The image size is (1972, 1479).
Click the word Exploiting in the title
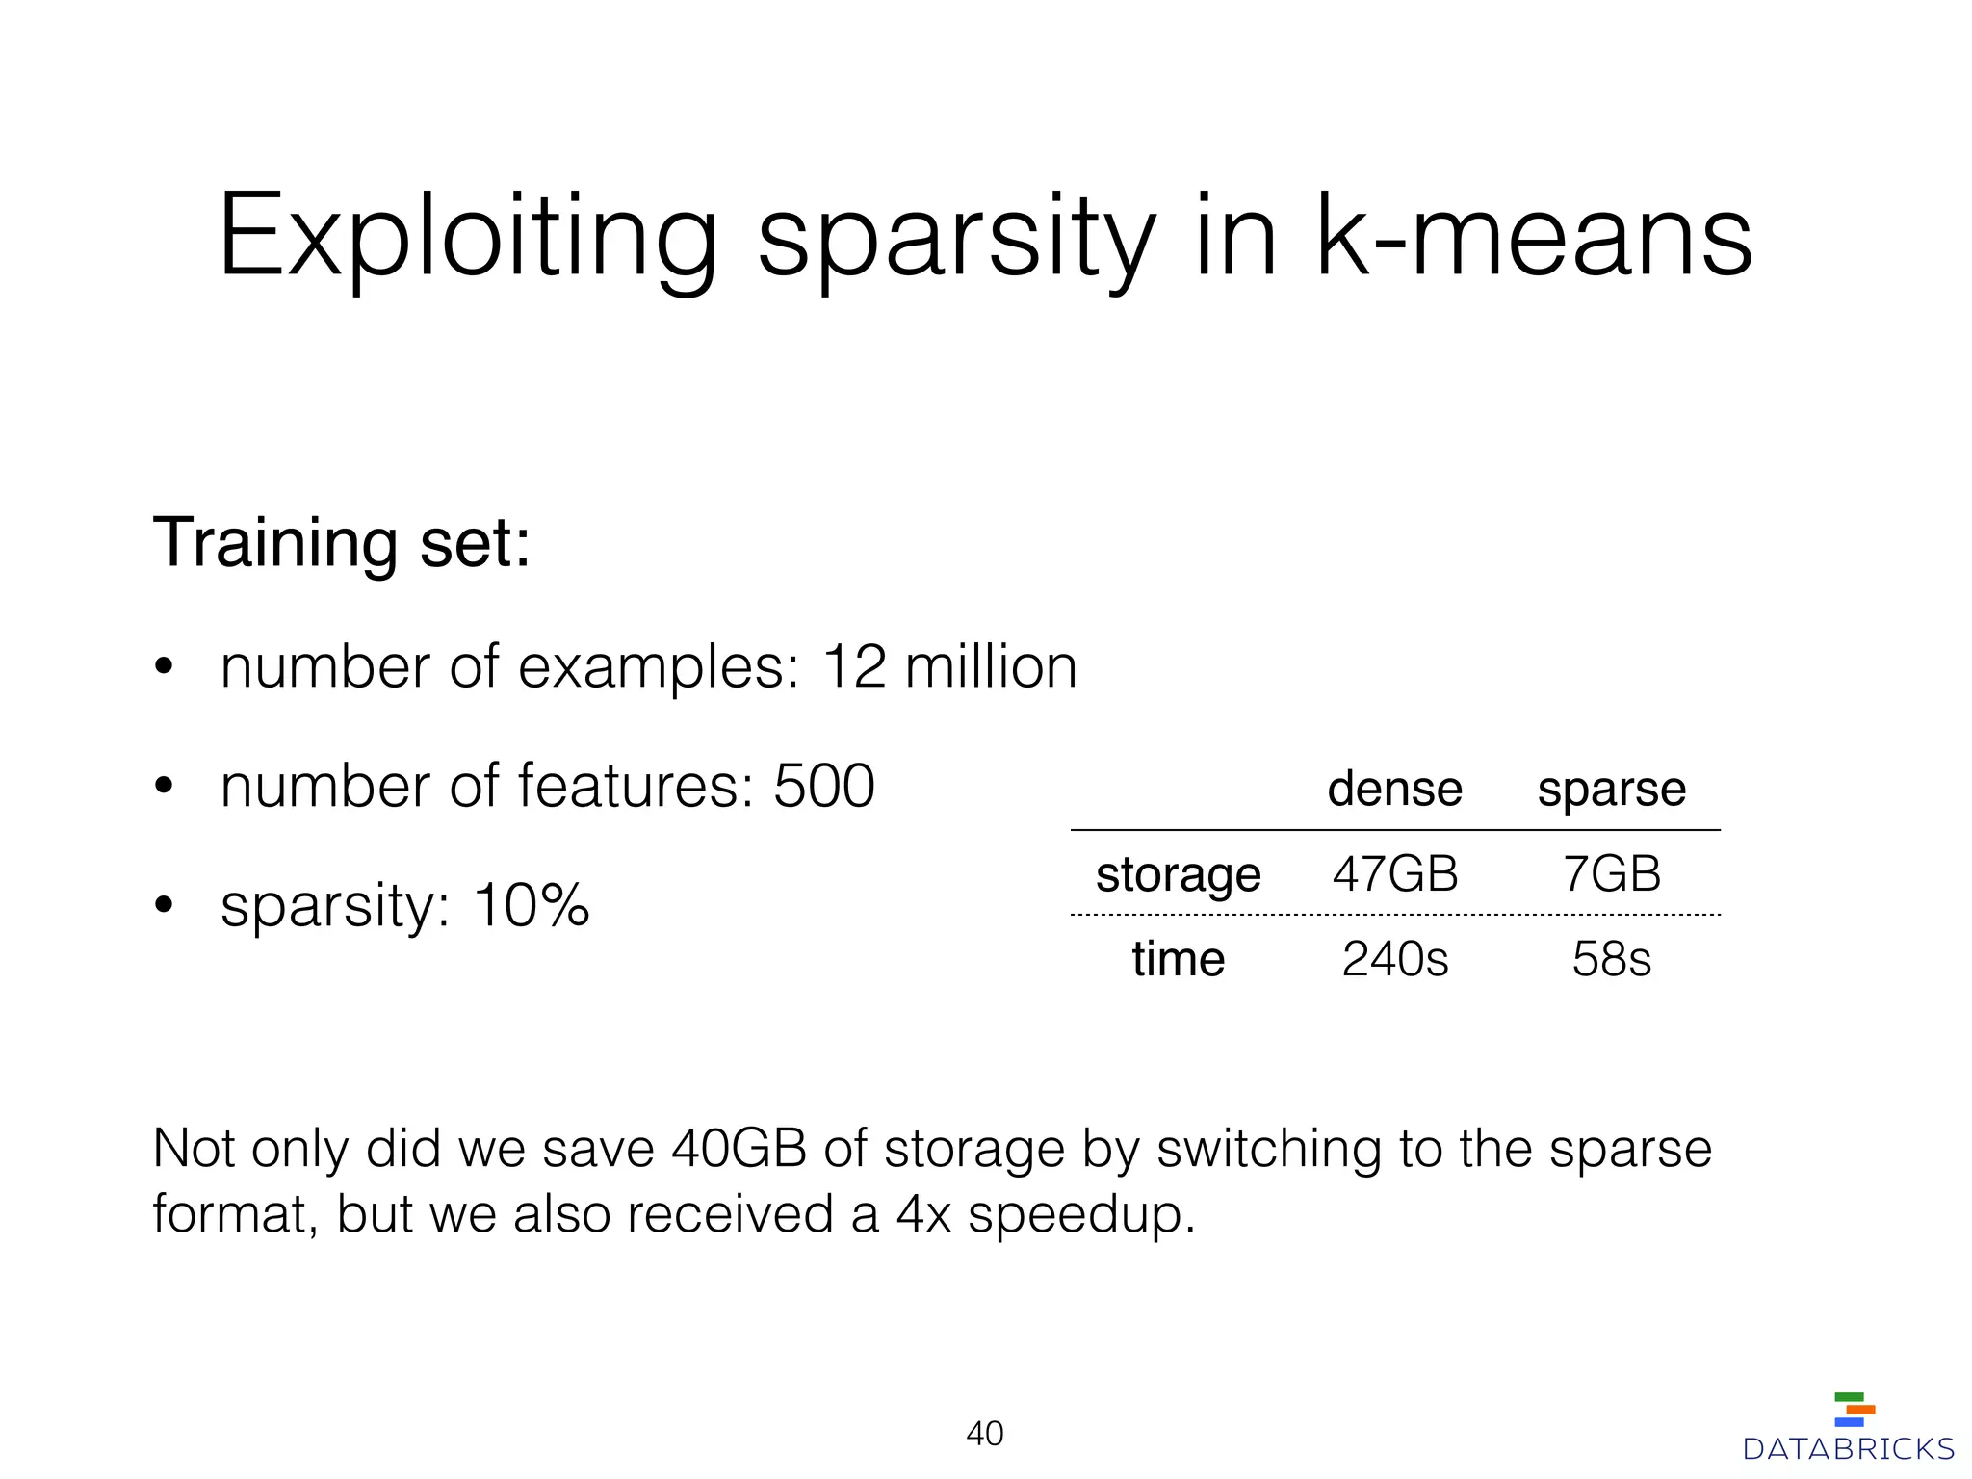pyautogui.click(x=468, y=237)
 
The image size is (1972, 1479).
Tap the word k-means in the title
pyautogui.click(x=1534, y=237)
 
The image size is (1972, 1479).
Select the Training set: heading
pyautogui.click(x=342, y=543)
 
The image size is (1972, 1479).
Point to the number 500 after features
pyautogui.click(x=824, y=786)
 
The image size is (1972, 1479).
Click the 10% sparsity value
pyautogui.click(x=531, y=905)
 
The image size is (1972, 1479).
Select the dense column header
pyautogui.click(x=1394, y=789)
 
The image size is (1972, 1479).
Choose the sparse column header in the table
pyautogui.click(x=1611, y=791)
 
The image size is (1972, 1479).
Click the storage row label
pyautogui.click(x=1178, y=875)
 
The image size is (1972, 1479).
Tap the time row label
pyautogui.click(x=1178, y=959)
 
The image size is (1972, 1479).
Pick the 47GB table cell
pyautogui.click(x=1395, y=874)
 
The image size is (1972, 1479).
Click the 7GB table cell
pyautogui.click(x=1612, y=874)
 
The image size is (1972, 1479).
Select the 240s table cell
pyautogui.click(x=1395, y=959)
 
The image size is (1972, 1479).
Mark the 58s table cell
pyautogui.click(x=1612, y=959)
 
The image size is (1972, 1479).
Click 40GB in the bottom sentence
pyautogui.click(x=739, y=1149)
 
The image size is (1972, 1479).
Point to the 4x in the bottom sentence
pyautogui.click(x=923, y=1213)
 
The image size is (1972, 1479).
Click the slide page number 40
pyautogui.click(x=985, y=1434)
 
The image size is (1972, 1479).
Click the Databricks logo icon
pyautogui.click(x=1854, y=1409)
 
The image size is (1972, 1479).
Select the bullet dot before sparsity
pyautogui.click(x=164, y=905)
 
